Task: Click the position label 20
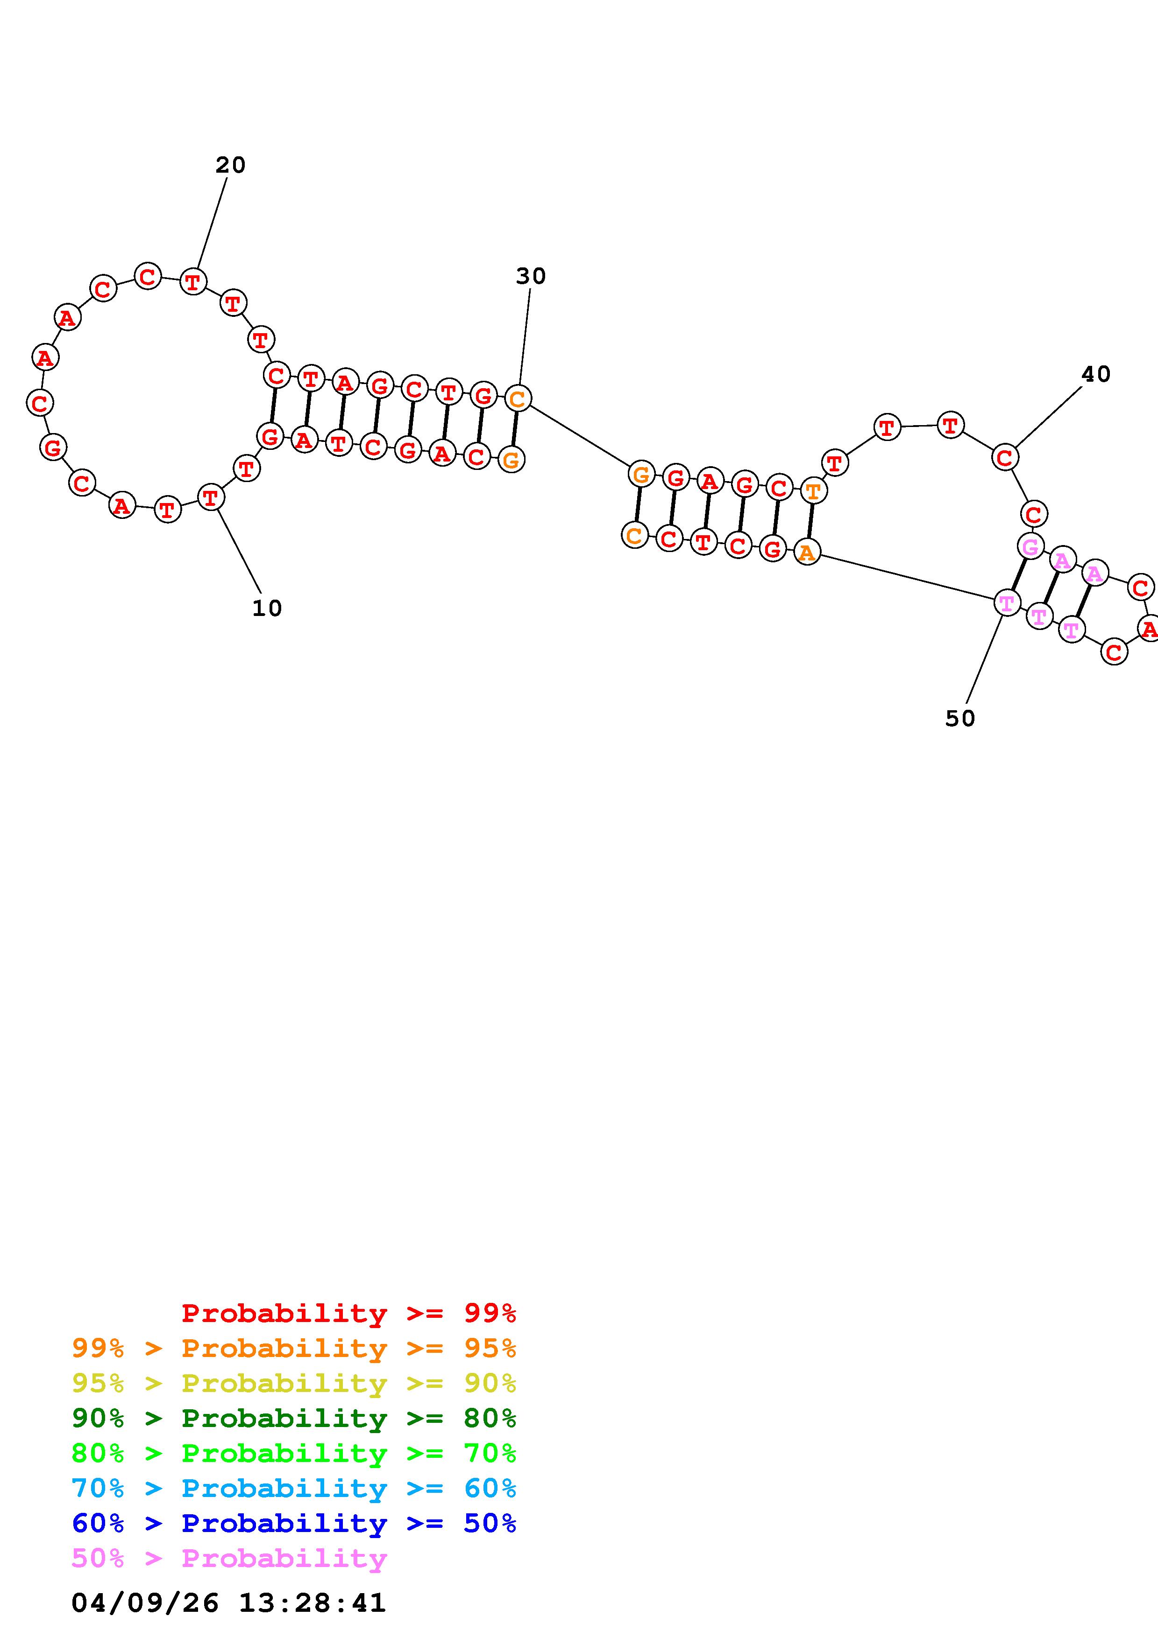click(230, 165)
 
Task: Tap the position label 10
click(267, 608)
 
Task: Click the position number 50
click(959, 719)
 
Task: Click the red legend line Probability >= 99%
click(349, 1313)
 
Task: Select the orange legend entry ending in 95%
click(294, 1348)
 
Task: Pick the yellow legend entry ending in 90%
click(294, 1383)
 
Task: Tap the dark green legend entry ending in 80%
click(294, 1417)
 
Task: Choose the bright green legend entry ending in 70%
click(294, 1452)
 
